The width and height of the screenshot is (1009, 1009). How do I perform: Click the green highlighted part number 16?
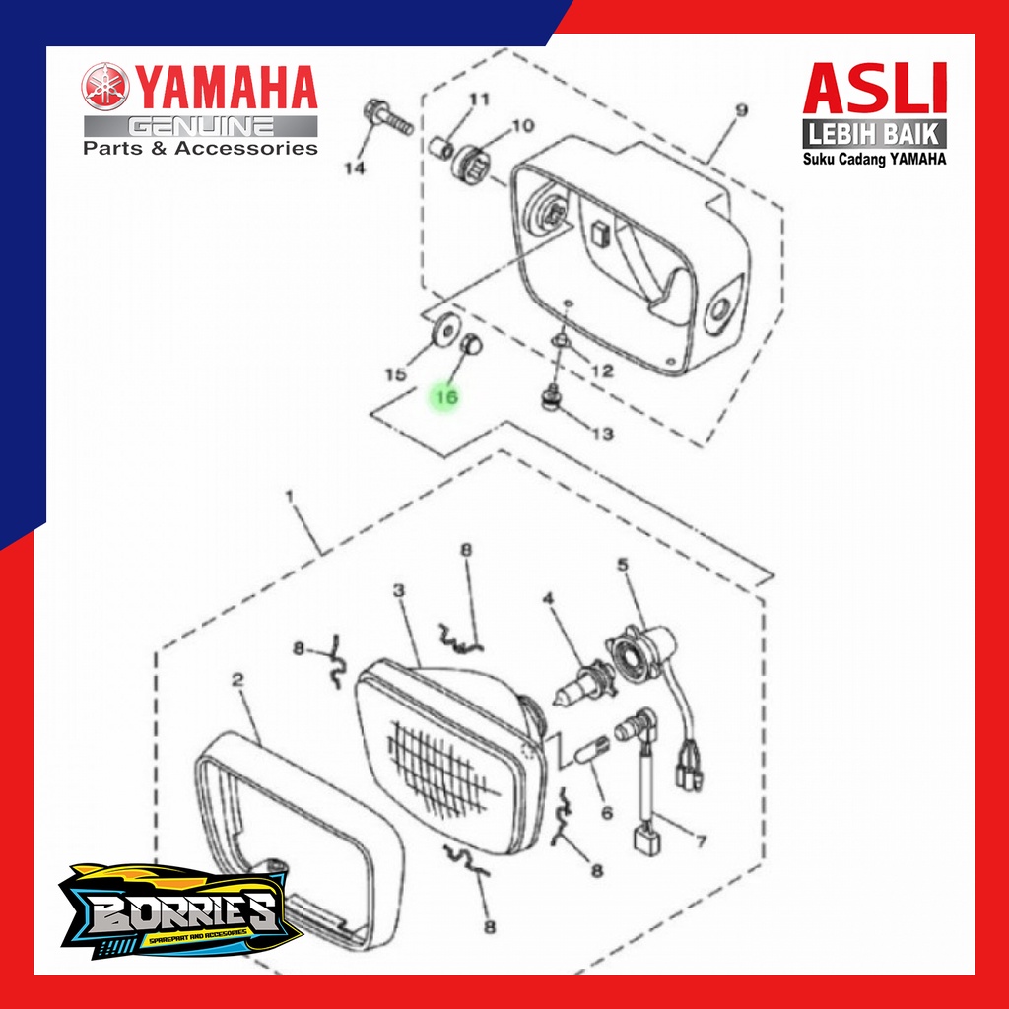coord(445,396)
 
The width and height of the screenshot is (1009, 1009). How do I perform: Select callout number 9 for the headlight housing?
coord(742,110)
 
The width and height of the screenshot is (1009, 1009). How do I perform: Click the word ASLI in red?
coord(875,89)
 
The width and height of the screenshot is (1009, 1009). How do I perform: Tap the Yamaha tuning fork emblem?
coord(104,89)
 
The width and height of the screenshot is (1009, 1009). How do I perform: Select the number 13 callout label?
coord(601,434)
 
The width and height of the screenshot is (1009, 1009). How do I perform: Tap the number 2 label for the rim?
coord(237,679)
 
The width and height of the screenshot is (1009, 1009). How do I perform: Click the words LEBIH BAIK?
coord(875,133)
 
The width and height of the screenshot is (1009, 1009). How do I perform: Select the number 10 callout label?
coord(522,125)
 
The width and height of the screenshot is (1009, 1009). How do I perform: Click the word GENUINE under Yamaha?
coord(201,126)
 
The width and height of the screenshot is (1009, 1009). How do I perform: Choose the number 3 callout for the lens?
coord(399,591)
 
